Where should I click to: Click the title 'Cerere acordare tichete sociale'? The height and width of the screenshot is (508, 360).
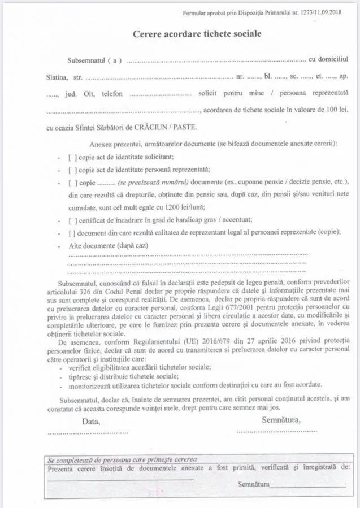click(197, 34)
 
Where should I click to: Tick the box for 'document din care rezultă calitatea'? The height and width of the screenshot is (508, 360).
click(71, 232)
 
